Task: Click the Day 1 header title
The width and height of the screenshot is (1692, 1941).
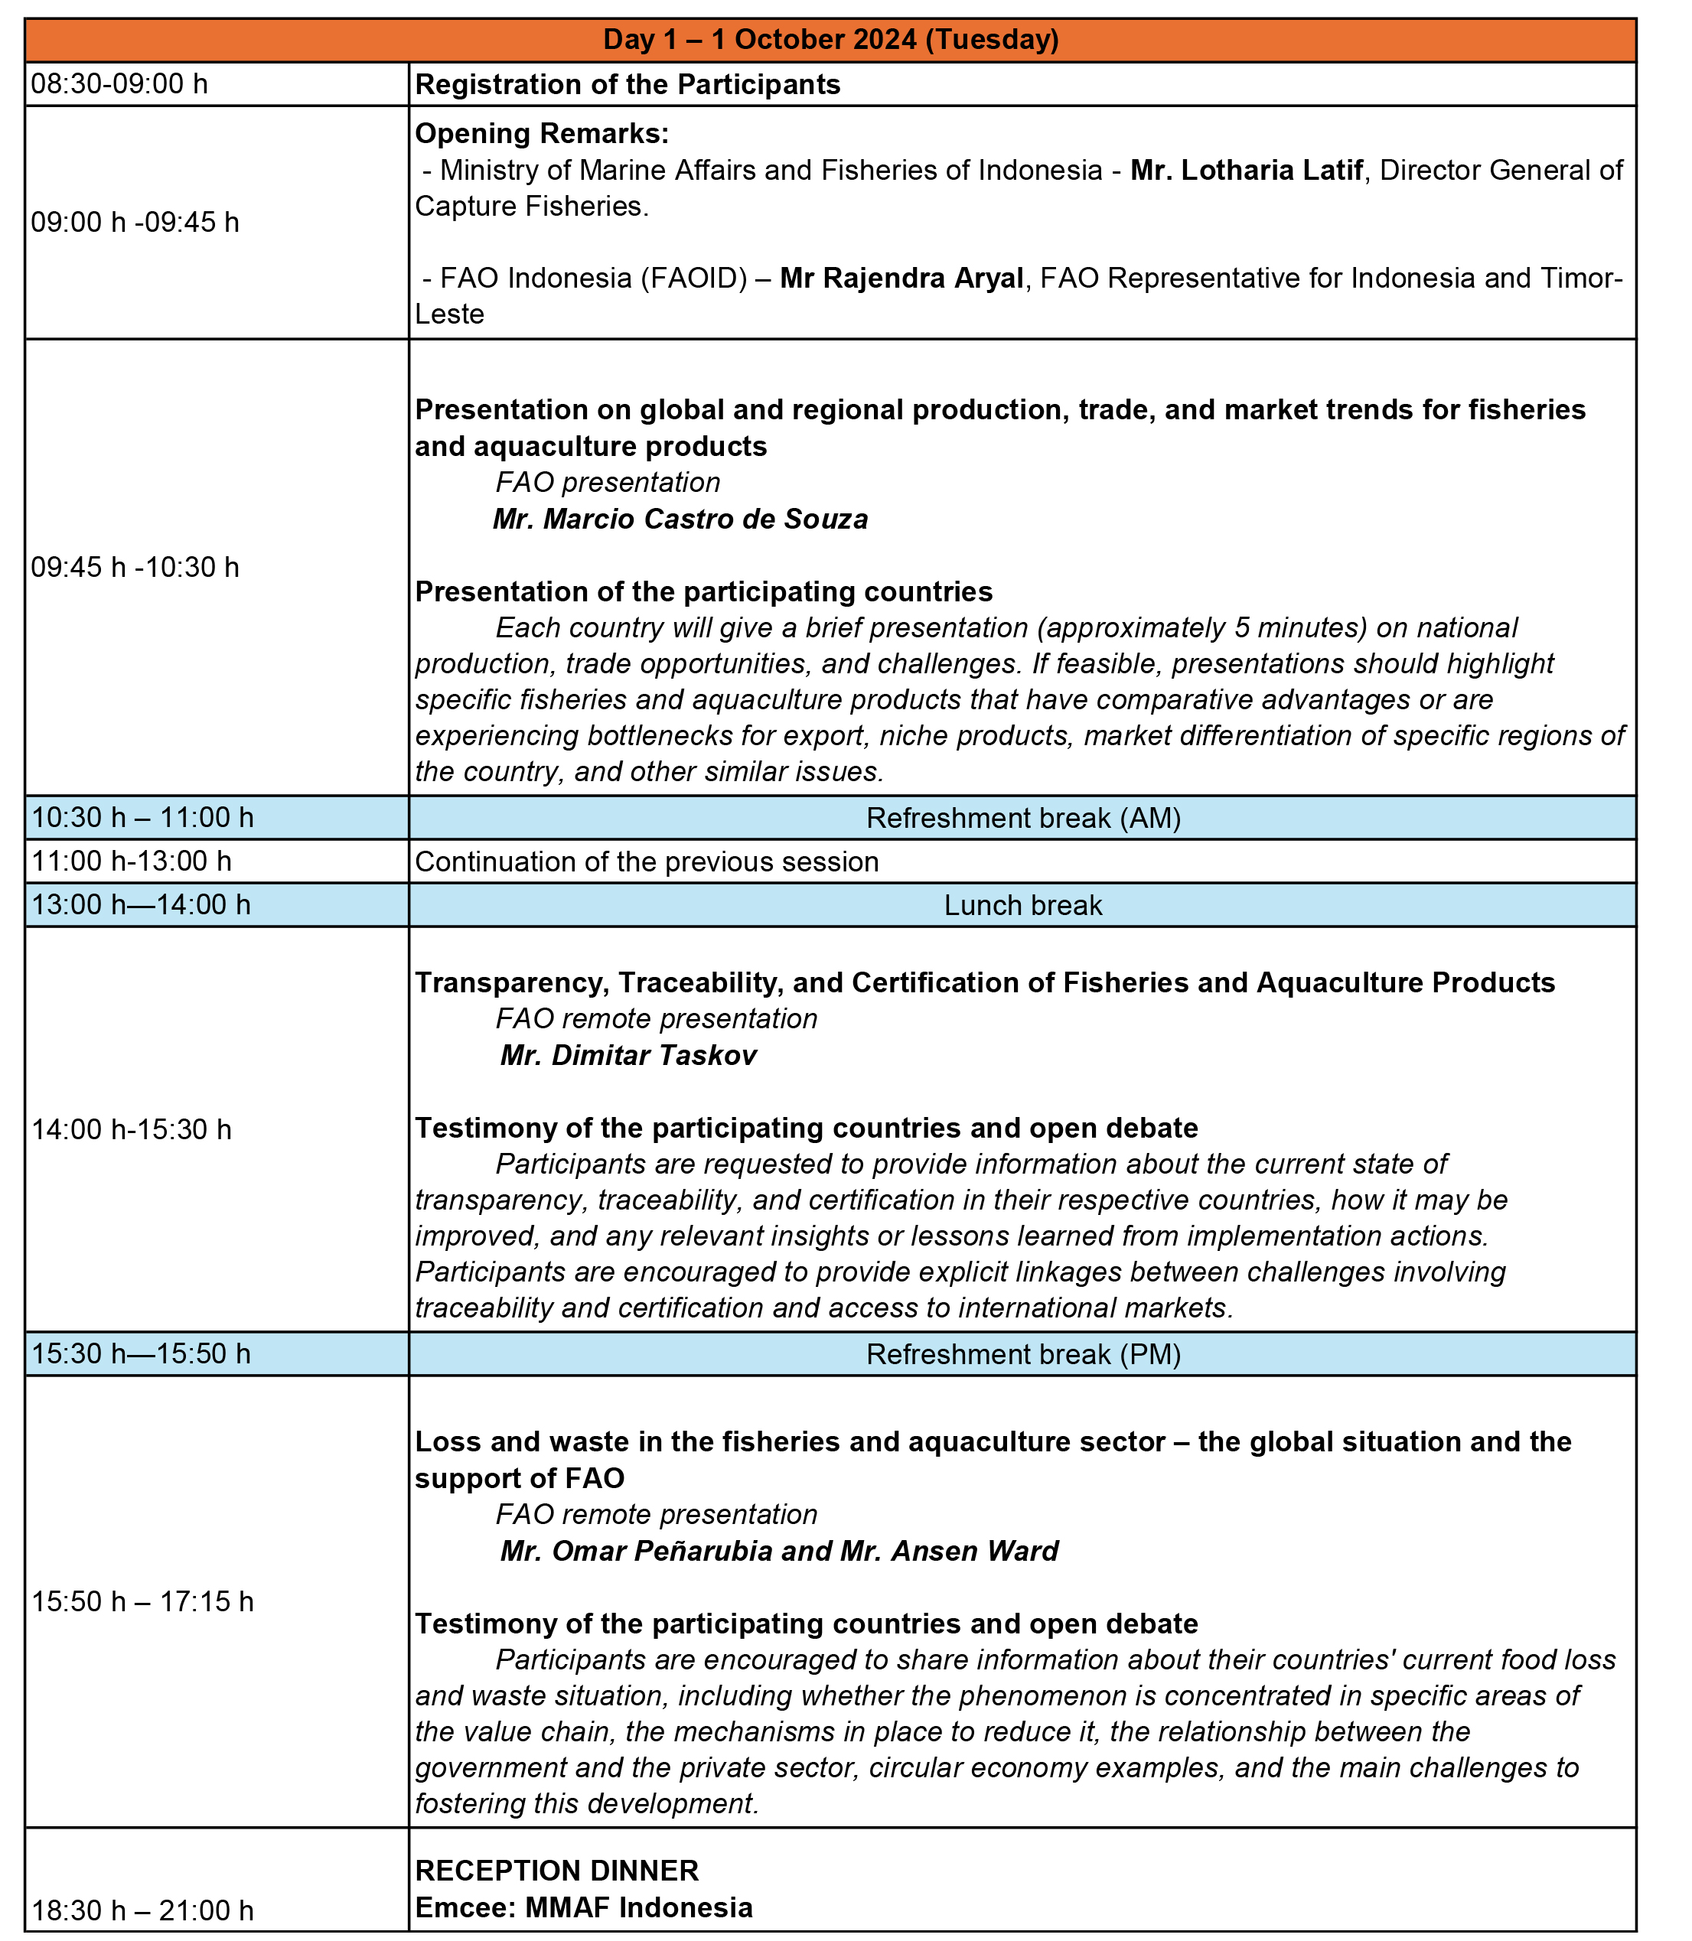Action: tap(830, 40)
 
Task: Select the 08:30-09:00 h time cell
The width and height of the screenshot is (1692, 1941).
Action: tap(120, 84)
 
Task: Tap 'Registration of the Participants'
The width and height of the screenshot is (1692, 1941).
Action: tap(627, 84)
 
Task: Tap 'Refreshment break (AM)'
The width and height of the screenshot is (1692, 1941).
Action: tap(1022, 818)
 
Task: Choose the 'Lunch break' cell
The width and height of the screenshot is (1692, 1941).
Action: tap(1022, 905)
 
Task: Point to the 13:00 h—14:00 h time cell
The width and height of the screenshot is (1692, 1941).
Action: tap(142, 905)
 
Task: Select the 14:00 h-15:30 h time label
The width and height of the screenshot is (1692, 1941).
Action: tap(132, 1129)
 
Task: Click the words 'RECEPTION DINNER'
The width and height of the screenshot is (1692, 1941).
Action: tap(557, 1870)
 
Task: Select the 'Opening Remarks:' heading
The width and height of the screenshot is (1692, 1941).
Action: tap(542, 134)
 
